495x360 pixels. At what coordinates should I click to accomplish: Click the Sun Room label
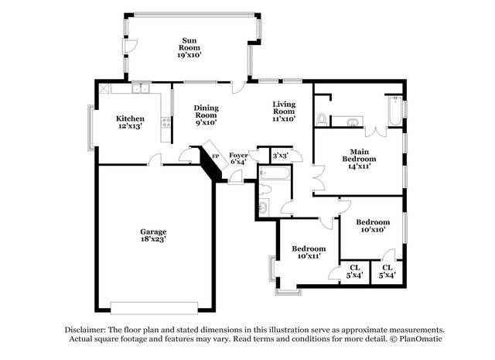pos(190,48)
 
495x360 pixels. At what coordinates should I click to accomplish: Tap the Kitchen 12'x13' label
pos(130,122)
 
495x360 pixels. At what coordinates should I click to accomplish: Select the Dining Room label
pos(206,115)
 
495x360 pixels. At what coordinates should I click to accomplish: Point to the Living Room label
pos(284,111)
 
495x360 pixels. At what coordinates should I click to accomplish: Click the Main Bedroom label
pos(357,159)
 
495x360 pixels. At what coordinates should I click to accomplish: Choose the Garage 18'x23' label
pos(152,235)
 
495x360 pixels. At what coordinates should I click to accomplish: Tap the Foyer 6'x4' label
pos(238,159)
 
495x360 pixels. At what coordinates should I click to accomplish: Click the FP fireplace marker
pos(216,156)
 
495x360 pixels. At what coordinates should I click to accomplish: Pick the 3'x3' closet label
pos(279,156)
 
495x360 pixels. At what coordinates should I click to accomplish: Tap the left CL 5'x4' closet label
pos(354,272)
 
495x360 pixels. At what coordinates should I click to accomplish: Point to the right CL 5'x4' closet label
pos(387,272)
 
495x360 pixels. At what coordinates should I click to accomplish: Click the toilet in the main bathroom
pos(321,119)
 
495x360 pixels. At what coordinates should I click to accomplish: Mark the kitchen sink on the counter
pos(140,90)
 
